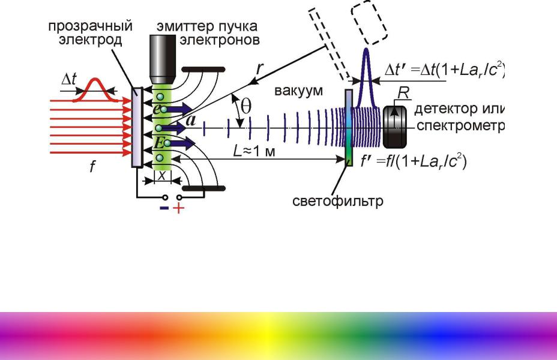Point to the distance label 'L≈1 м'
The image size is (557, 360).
point(254,151)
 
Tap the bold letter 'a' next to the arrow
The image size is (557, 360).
point(191,121)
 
